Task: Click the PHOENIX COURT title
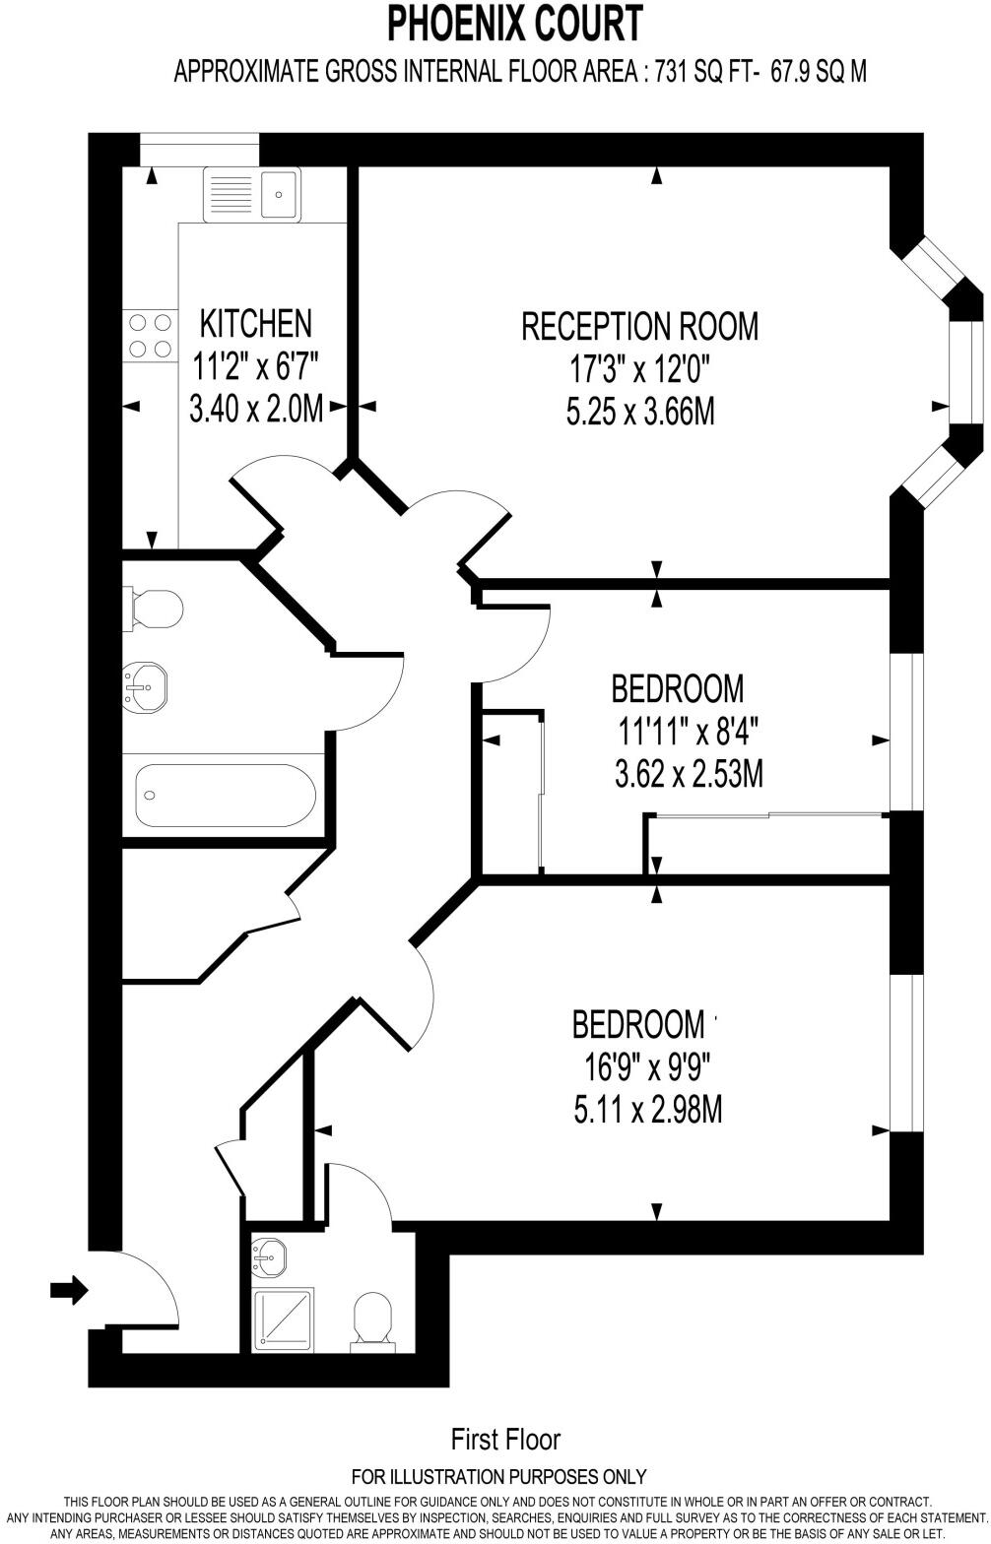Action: [x=514, y=24]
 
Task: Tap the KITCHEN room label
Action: [x=255, y=323]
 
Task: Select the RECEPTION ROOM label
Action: [x=639, y=326]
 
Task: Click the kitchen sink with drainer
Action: [x=251, y=194]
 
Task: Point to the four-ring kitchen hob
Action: [x=148, y=335]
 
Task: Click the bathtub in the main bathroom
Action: [x=225, y=796]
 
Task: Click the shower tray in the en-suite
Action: [x=284, y=1319]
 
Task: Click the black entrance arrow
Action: [x=69, y=1289]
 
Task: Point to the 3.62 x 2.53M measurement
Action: [x=688, y=775]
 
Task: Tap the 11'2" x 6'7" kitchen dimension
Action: [x=255, y=367]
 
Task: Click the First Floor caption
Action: [x=505, y=1440]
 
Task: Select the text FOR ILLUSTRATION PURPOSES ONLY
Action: [x=498, y=1476]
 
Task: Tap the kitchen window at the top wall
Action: [x=199, y=151]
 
